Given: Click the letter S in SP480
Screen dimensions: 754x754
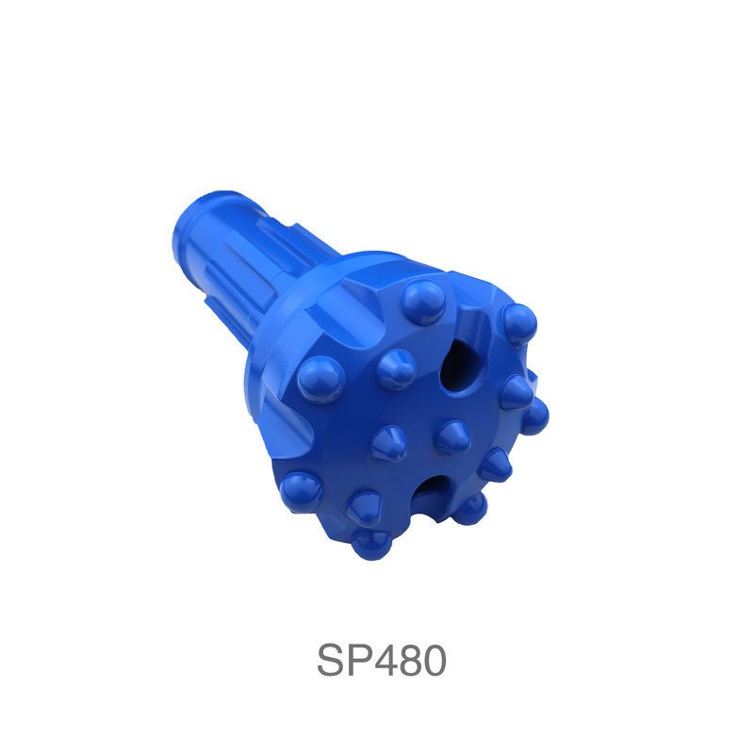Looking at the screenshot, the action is click(x=332, y=661).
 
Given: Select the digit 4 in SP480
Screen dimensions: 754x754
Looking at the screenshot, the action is click(x=392, y=661).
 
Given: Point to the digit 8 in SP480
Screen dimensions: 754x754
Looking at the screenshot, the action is click(x=418, y=661).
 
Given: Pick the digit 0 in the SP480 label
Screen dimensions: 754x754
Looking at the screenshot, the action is click(x=435, y=661).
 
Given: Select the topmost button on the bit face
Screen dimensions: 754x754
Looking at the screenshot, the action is click(x=422, y=303).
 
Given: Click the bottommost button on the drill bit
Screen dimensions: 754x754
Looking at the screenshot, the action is click(x=371, y=545).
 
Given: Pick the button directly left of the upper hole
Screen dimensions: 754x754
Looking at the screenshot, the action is click(x=396, y=370).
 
